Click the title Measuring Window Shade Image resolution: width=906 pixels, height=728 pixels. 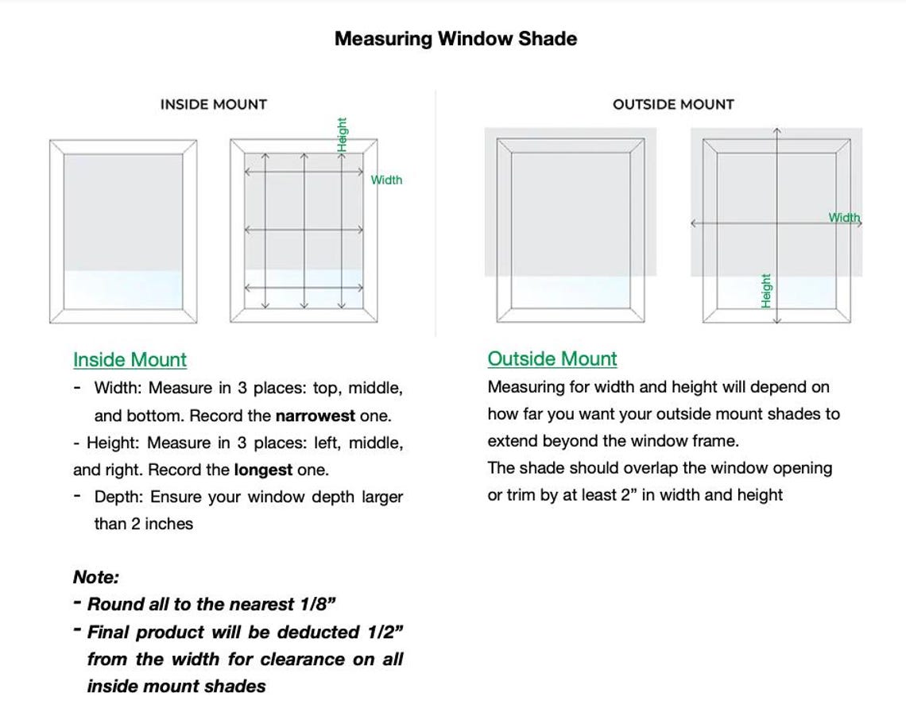point(455,39)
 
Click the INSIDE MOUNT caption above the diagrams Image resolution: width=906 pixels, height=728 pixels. point(214,104)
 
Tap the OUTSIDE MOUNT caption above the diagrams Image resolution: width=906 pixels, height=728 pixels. point(673,104)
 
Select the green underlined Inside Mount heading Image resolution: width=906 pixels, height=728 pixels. point(130,360)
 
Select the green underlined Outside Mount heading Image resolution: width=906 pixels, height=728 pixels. point(552,359)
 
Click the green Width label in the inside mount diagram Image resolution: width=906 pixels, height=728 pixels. point(387,180)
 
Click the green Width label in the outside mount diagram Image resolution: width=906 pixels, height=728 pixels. point(844,217)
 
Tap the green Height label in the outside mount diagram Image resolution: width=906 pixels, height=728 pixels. point(766,291)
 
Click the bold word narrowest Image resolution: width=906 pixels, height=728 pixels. point(316,416)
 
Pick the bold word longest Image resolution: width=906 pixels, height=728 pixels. point(263,470)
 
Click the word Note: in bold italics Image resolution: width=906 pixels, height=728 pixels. point(95,577)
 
